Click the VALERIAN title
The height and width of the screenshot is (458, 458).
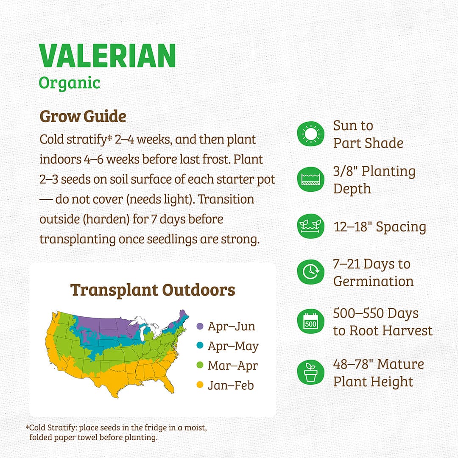click(107, 56)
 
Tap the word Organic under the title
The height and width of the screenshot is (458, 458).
click(70, 82)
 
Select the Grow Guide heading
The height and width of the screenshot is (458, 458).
click(83, 117)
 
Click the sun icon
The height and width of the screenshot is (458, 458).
click(310, 134)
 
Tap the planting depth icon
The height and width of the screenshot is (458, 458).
click(310, 180)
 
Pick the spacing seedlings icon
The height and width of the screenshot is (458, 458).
click(310, 227)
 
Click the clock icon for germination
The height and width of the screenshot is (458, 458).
click(310, 272)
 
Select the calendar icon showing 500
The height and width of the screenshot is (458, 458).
click(310, 322)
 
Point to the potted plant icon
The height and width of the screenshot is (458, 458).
click(310, 372)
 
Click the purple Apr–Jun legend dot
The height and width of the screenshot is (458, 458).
click(200, 327)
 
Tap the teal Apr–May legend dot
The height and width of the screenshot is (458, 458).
click(200, 346)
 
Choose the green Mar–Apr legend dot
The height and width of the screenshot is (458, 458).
click(200, 366)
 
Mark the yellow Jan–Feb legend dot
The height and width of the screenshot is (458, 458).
click(200, 385)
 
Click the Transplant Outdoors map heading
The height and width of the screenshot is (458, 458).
click(153, 290)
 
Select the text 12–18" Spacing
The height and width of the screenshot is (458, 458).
click(380, 227)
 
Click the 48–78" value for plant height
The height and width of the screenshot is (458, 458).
click(353, 364)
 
